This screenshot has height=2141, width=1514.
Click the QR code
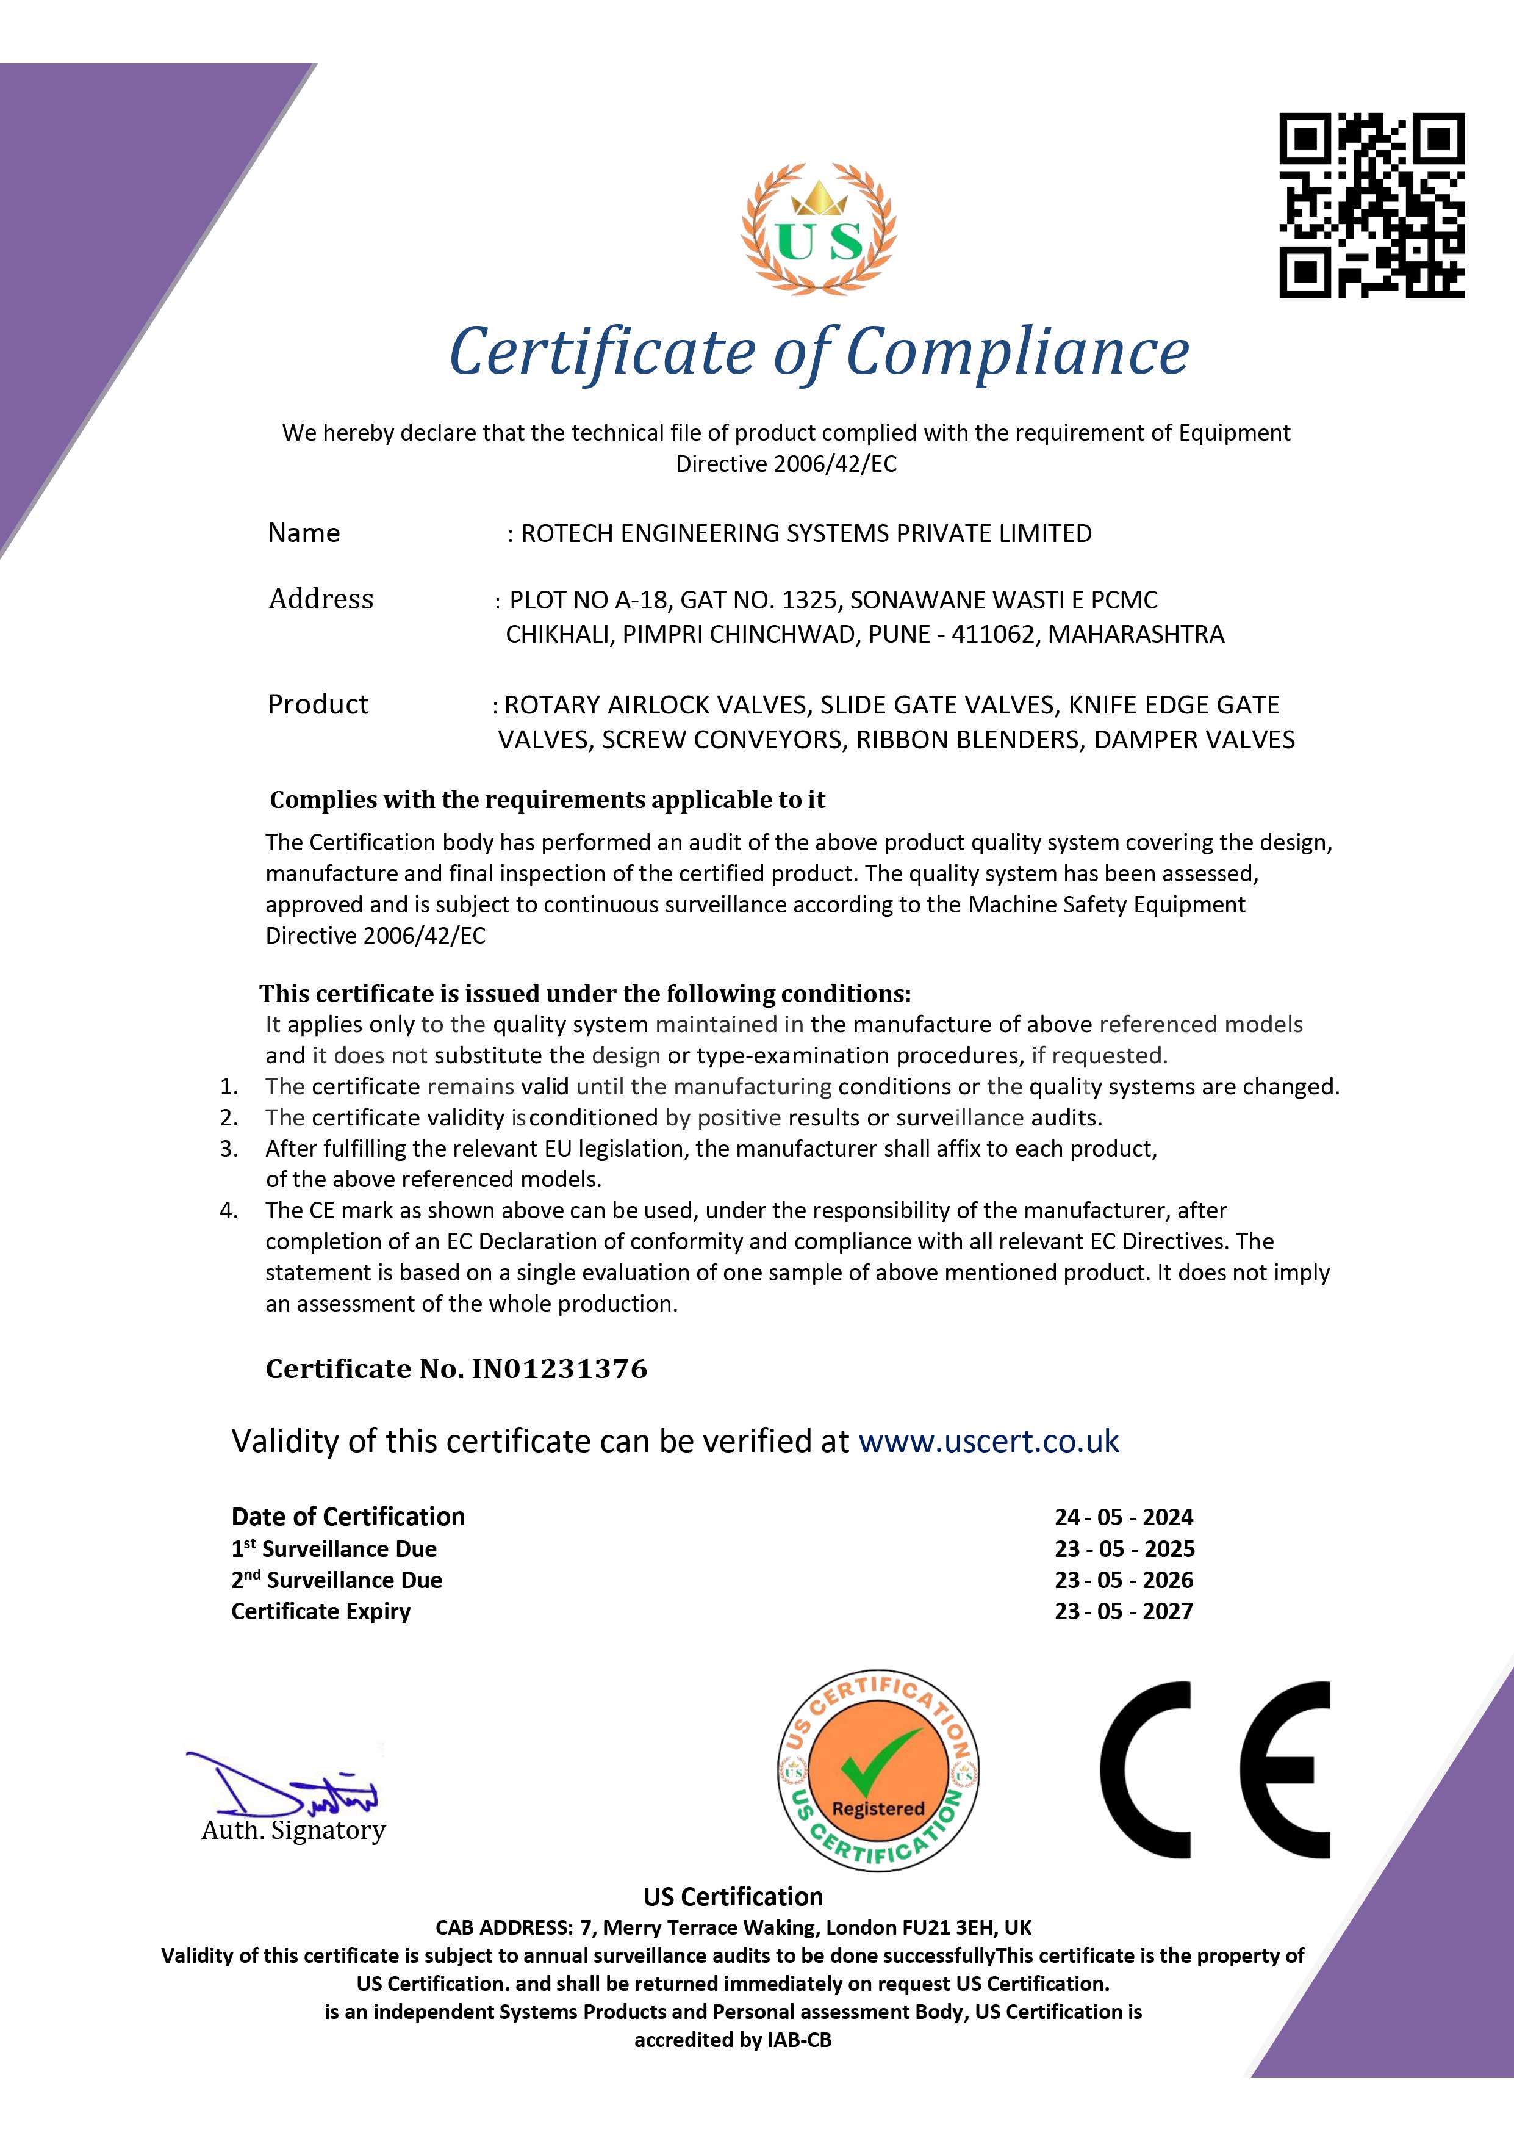1371,205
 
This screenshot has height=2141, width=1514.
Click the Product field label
318,704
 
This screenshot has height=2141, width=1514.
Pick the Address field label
321,599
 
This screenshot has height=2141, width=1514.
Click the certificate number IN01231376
559,1369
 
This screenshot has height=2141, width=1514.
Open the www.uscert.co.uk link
988,1441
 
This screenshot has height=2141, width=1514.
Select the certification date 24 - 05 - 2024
1124,1517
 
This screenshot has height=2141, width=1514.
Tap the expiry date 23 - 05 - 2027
1124,1611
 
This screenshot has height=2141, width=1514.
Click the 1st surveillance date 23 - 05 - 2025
1124,1549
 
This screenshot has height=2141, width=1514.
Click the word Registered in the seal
877,1808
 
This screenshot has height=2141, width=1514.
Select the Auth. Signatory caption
293,1830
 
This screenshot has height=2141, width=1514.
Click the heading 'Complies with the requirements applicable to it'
547,800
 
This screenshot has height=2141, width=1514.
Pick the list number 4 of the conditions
228,1210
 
